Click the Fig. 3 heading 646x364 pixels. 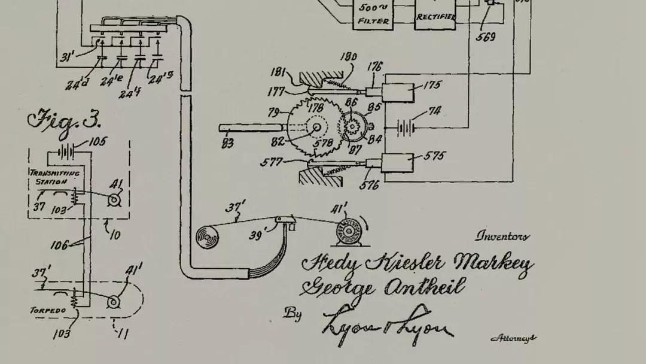pos(65,120)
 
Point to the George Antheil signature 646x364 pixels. pos(383,288)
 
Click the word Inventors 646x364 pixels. pos(502,236)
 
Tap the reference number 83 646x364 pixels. pos(228,143)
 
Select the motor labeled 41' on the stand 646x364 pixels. pos(349,230)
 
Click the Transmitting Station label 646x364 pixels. pos(55,177)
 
